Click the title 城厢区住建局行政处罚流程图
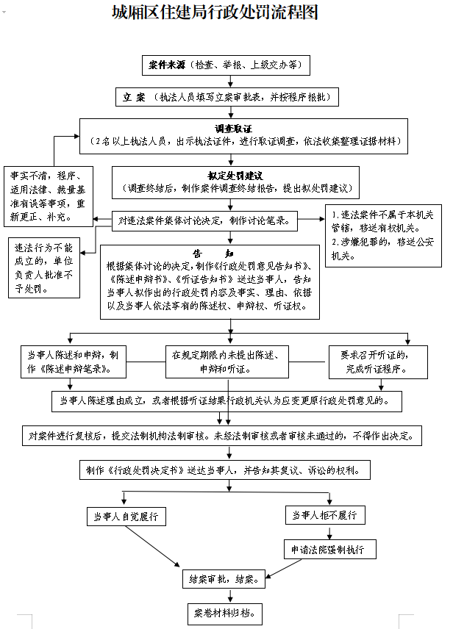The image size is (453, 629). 214,13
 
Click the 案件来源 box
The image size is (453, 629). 226,65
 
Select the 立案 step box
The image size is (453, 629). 230,97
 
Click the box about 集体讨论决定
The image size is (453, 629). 204,219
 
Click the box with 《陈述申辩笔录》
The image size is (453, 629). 70,361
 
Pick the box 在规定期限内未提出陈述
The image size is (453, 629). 224,361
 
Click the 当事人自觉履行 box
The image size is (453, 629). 126,516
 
